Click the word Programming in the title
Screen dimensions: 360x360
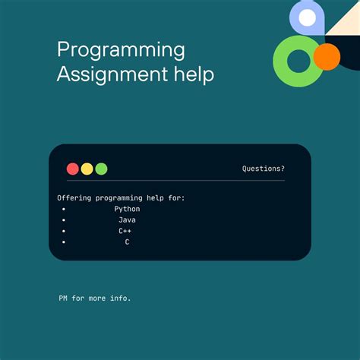(121, 50)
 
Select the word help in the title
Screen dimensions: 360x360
(192, 74)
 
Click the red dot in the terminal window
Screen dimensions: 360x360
(73, 169)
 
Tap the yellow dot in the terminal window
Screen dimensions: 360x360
(87, 169)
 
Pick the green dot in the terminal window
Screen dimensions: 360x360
(101, 169)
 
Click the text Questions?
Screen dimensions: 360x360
(264, 169)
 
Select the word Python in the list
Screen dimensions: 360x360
(127, 209)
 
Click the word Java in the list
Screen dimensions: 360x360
(127, 219)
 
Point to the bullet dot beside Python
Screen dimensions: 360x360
(64, 209)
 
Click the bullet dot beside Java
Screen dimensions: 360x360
(64, 219)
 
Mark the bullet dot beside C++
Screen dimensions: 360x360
(64, 231)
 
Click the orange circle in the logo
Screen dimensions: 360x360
(327, 55)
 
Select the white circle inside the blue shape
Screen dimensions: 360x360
(307, 17)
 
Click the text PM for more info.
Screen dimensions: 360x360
(95, 298)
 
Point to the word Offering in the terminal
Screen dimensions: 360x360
(74, 197)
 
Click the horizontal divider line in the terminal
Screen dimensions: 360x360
(175, 181)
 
